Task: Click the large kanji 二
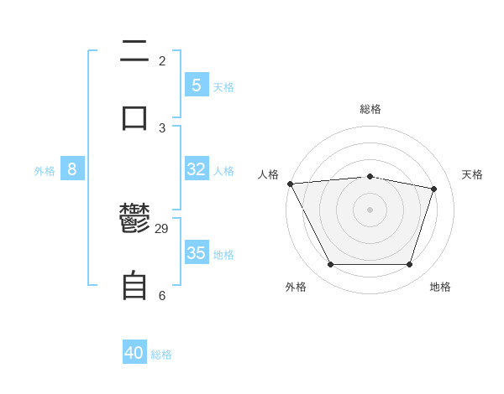pos(134,52)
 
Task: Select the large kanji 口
pos(134,117)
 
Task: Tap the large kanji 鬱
pos(134,220)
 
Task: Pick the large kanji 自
pos(134,286)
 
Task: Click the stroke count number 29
pos(162,229)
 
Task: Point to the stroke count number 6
pos(162,295)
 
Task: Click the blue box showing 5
pos(196,85)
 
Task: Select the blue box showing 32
pos(196,169)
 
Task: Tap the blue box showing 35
pos(196,253)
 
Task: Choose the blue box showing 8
pos(72,169)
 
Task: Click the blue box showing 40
pos(134,353)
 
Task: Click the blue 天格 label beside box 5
pos(223,86)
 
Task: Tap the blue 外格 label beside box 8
pos(45,171)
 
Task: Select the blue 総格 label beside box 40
pos(161,355)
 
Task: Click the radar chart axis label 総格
pos(370,109)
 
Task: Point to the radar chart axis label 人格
pos(268,174)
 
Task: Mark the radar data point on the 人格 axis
pos(290,184)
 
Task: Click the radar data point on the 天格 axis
pos(434,189)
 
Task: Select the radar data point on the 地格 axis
pos(409,265)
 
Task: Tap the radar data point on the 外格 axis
pos(330,265)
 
